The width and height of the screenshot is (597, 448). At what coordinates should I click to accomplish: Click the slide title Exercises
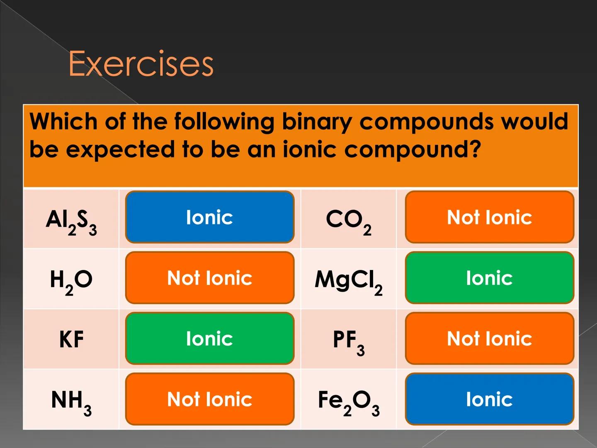coord(141,63)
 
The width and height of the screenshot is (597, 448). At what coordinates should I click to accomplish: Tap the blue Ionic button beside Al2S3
coord(210,217)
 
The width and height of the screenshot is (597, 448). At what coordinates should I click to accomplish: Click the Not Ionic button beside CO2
coord(489,217)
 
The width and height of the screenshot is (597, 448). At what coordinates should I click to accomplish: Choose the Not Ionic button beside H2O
coord(210,278)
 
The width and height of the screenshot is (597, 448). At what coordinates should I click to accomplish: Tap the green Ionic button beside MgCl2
coord(489,278)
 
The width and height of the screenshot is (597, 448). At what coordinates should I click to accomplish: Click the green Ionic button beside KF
coord(210,338)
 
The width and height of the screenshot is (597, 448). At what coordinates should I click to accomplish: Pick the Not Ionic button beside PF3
coord(489,338)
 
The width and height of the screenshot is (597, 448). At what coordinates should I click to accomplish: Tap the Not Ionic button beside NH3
coord(210,399)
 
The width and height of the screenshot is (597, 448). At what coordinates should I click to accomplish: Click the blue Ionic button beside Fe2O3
coord(489,399)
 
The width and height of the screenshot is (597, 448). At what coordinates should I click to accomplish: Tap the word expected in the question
coord(120,150)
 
